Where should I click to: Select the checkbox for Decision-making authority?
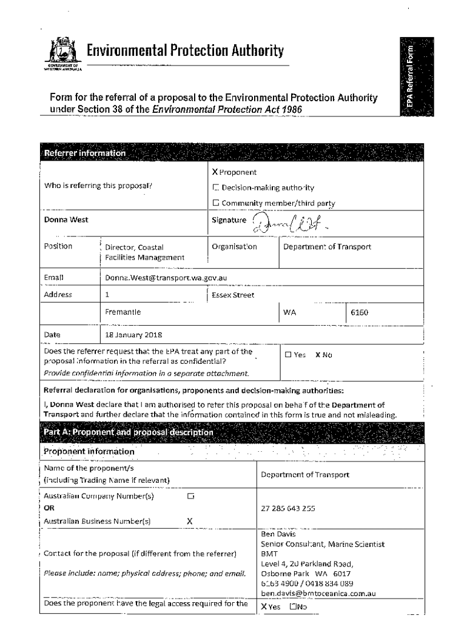coord(215,188)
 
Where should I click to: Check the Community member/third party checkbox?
coord(215,203)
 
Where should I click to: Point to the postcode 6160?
coord(360,312)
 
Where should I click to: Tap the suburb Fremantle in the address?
coord(123,312)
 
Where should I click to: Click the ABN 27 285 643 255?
coord(287,509)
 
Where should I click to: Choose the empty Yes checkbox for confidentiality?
coord(288,355)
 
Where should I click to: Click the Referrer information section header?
coord(84,153)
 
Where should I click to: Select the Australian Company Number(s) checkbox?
coord(190,496)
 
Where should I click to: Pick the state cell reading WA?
coord(289,312)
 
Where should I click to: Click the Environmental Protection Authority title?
coord(185,52)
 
